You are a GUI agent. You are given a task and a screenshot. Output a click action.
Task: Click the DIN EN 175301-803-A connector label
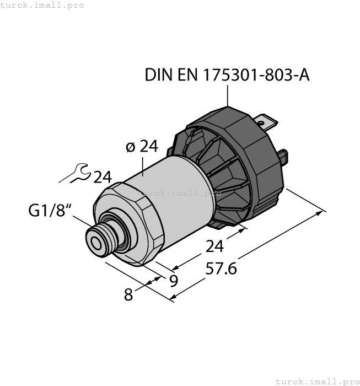tap(227, 75)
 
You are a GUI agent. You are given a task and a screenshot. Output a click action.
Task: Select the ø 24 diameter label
tap(142, 147)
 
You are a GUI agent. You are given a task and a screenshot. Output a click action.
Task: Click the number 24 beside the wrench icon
tap(102, 178)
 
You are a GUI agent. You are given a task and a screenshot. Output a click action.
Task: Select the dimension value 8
tap(128, 295)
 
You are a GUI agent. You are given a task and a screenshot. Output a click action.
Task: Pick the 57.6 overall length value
tap(221, 269)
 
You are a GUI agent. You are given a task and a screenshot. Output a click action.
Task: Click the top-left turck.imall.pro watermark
tap(42, 5)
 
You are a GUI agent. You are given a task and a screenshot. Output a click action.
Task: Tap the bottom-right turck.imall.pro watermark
tap(316, 381)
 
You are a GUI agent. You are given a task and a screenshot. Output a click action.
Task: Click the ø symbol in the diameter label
tap(130, 147)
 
